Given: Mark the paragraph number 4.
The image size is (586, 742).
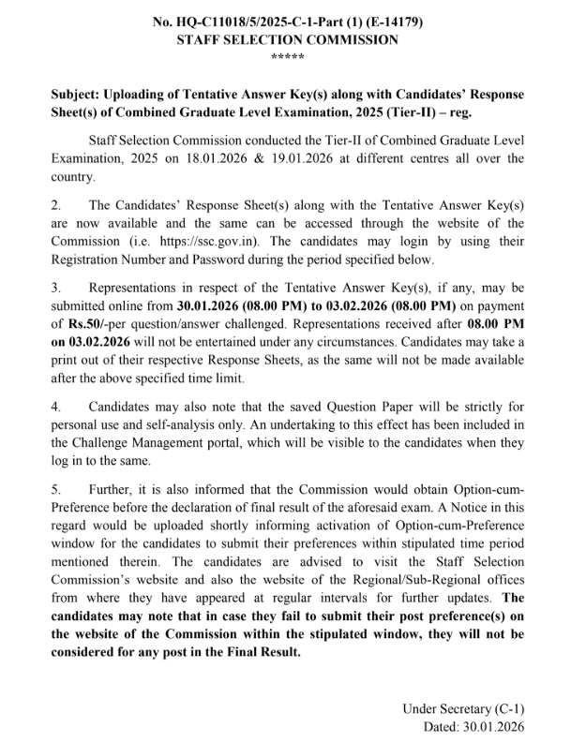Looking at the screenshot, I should tap(56, 408).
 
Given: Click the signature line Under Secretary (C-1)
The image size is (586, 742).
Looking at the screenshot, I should tap(463, 708).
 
